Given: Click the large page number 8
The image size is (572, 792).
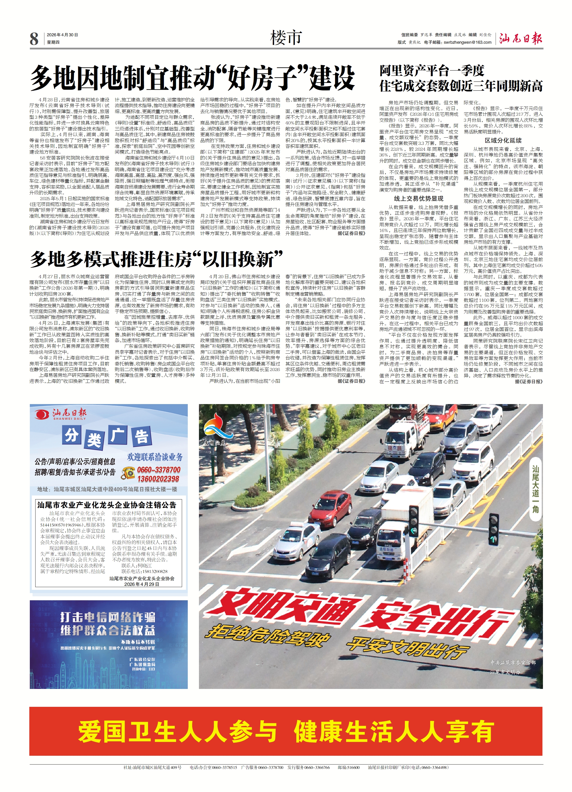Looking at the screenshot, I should tap(34, 39).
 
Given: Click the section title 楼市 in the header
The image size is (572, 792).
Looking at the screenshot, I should tap(285, 38).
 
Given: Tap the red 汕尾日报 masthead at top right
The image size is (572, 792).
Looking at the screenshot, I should tap(520, 38).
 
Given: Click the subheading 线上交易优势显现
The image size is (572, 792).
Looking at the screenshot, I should tap(419, 198).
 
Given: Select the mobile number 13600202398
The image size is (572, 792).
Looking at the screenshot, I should tap(158, 479).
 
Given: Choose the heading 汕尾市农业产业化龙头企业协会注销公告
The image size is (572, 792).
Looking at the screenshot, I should tap(107, 505).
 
